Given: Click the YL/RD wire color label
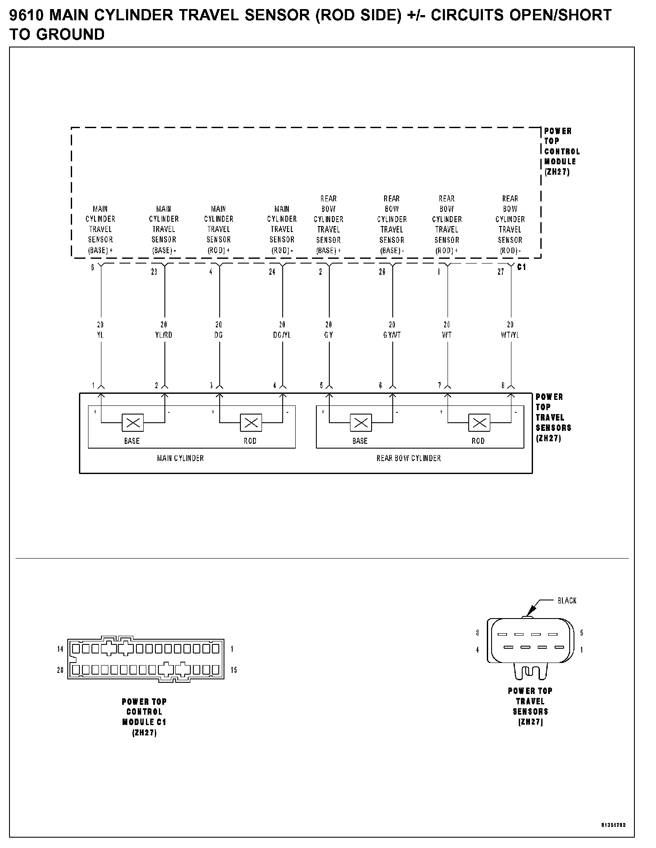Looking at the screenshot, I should click(164, 335).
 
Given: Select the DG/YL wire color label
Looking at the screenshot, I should click(282, 335).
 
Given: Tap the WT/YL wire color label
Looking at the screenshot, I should click(510, 335).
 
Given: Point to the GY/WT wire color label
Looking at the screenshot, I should click(392, 335).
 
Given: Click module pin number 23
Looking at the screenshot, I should click(154, 272).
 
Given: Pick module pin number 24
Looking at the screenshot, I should click(272, 272).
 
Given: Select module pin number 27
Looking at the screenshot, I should click(501, 272).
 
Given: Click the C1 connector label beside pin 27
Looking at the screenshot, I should click(521, 267).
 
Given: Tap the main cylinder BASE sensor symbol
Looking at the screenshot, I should click(133, 423).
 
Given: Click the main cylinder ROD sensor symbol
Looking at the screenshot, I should click(251, 423).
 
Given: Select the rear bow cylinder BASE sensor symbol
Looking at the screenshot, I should click(360, 423).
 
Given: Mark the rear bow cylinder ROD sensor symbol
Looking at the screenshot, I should click(479, 423).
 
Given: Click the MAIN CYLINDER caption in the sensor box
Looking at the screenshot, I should click(180, 459).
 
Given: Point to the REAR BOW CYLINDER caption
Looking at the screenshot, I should click(409, 459).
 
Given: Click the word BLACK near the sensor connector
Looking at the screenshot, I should click(567, 601).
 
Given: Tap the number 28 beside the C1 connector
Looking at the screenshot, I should click(60, 670).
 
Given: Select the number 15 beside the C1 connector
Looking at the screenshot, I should click(233, 670).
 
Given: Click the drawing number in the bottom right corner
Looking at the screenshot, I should click(613, 825).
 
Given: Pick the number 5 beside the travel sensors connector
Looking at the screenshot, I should click(581, 633).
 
